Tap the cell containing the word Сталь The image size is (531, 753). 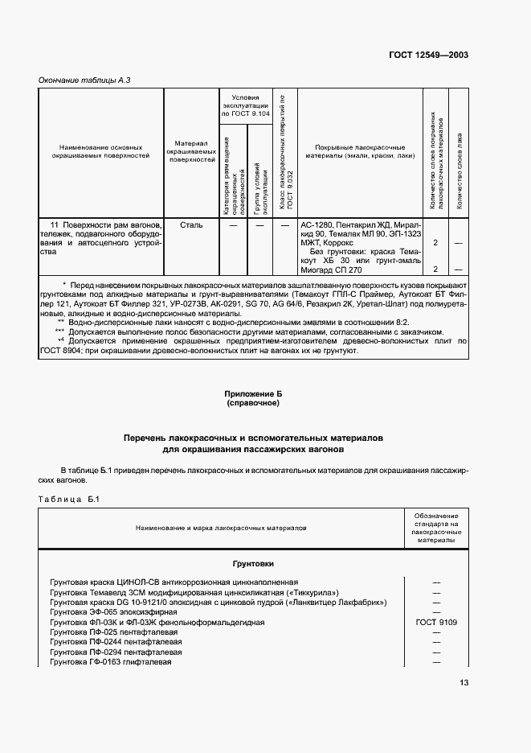(x=192, y=225)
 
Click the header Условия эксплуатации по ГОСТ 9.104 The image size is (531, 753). (x=245, y=105)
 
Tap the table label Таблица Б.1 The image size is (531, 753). (x=68, y=500)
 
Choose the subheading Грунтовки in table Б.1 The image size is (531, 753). (x=253, y=564)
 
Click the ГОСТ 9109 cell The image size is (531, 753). (x=436, y=622)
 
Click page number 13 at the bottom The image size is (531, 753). (x=464, y=682)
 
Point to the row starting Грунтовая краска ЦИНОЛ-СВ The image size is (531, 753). (x=174, y=582)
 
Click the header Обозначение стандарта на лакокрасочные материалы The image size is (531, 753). (x=436, y=528)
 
